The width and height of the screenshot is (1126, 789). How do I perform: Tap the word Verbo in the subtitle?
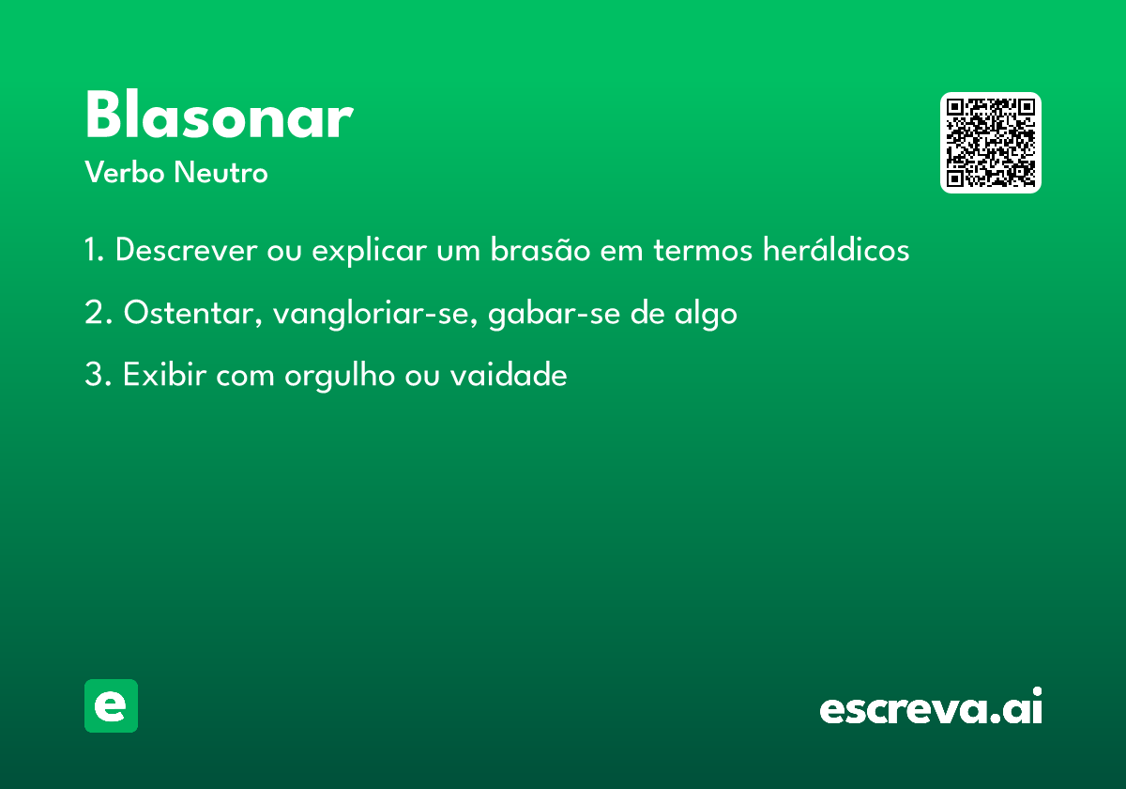coord(125,172)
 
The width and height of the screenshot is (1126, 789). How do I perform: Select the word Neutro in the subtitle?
coord(221,172)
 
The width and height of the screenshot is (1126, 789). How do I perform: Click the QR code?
coord(990,143)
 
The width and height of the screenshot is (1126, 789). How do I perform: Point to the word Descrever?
coord(187,250)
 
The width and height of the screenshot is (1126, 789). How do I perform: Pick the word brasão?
coord(540,249)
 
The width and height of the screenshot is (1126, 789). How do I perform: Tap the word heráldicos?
coord(836,249)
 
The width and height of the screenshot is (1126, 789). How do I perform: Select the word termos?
coord(703,250)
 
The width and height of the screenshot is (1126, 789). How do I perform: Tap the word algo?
coord(706,314)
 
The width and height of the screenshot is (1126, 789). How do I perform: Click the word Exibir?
coord(165,375)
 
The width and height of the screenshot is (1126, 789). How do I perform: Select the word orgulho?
coord(340,376)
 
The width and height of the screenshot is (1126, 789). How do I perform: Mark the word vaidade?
coord(509,375)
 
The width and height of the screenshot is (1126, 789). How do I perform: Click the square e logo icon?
coord(111,705)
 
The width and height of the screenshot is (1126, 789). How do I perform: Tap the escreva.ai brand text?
coord(931,705)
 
